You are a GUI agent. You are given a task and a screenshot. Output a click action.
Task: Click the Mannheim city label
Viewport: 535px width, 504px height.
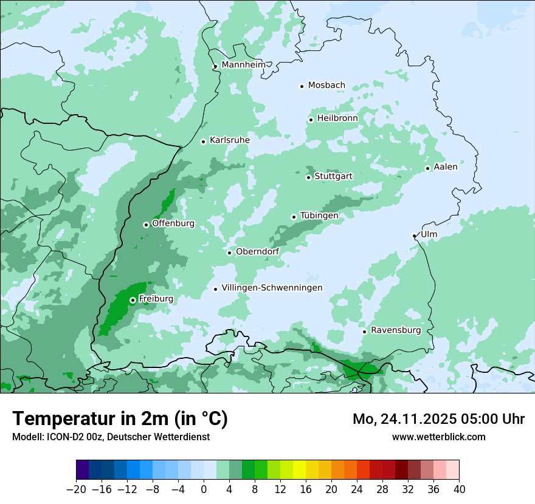(x=243, y=65)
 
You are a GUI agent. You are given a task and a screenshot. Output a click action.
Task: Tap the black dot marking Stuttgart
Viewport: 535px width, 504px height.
(x=308, y=177)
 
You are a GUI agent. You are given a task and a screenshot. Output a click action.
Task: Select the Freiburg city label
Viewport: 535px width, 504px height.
(x=156, y=299)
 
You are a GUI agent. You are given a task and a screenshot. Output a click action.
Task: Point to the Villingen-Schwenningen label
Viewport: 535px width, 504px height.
(x=272, y=288)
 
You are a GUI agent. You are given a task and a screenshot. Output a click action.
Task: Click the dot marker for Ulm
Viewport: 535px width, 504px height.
(x=415, y=236)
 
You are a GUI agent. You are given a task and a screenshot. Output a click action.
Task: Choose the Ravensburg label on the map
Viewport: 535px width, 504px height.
(x=395, y=330)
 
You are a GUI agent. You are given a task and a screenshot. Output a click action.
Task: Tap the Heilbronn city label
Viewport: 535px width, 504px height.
(x=337, y=118)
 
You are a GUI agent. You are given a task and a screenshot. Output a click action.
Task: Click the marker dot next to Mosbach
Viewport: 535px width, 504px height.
(x=302, y=86)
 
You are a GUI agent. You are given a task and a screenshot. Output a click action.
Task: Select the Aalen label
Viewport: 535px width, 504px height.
(x=446, y=167)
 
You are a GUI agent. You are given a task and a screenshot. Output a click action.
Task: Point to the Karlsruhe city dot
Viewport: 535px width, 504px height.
(x=203, y=141)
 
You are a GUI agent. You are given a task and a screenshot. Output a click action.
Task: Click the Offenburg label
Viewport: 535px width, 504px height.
(x=173, y=223)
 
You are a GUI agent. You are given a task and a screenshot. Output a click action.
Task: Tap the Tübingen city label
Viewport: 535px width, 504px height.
(x=319, y=216)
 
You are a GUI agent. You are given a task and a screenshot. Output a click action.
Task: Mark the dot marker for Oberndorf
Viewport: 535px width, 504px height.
(x=229, y=253)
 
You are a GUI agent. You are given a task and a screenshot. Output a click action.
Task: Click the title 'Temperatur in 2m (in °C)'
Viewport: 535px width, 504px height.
(x=120, y=418)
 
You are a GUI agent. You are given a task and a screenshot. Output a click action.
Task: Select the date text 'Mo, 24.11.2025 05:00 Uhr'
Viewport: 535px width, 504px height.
(x=438, y=419)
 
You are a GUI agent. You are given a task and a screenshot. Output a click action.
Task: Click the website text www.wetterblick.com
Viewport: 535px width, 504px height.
(x=438, y=437)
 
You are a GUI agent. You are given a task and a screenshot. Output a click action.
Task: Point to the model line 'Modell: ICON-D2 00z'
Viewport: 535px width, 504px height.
(x=111, y=437)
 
